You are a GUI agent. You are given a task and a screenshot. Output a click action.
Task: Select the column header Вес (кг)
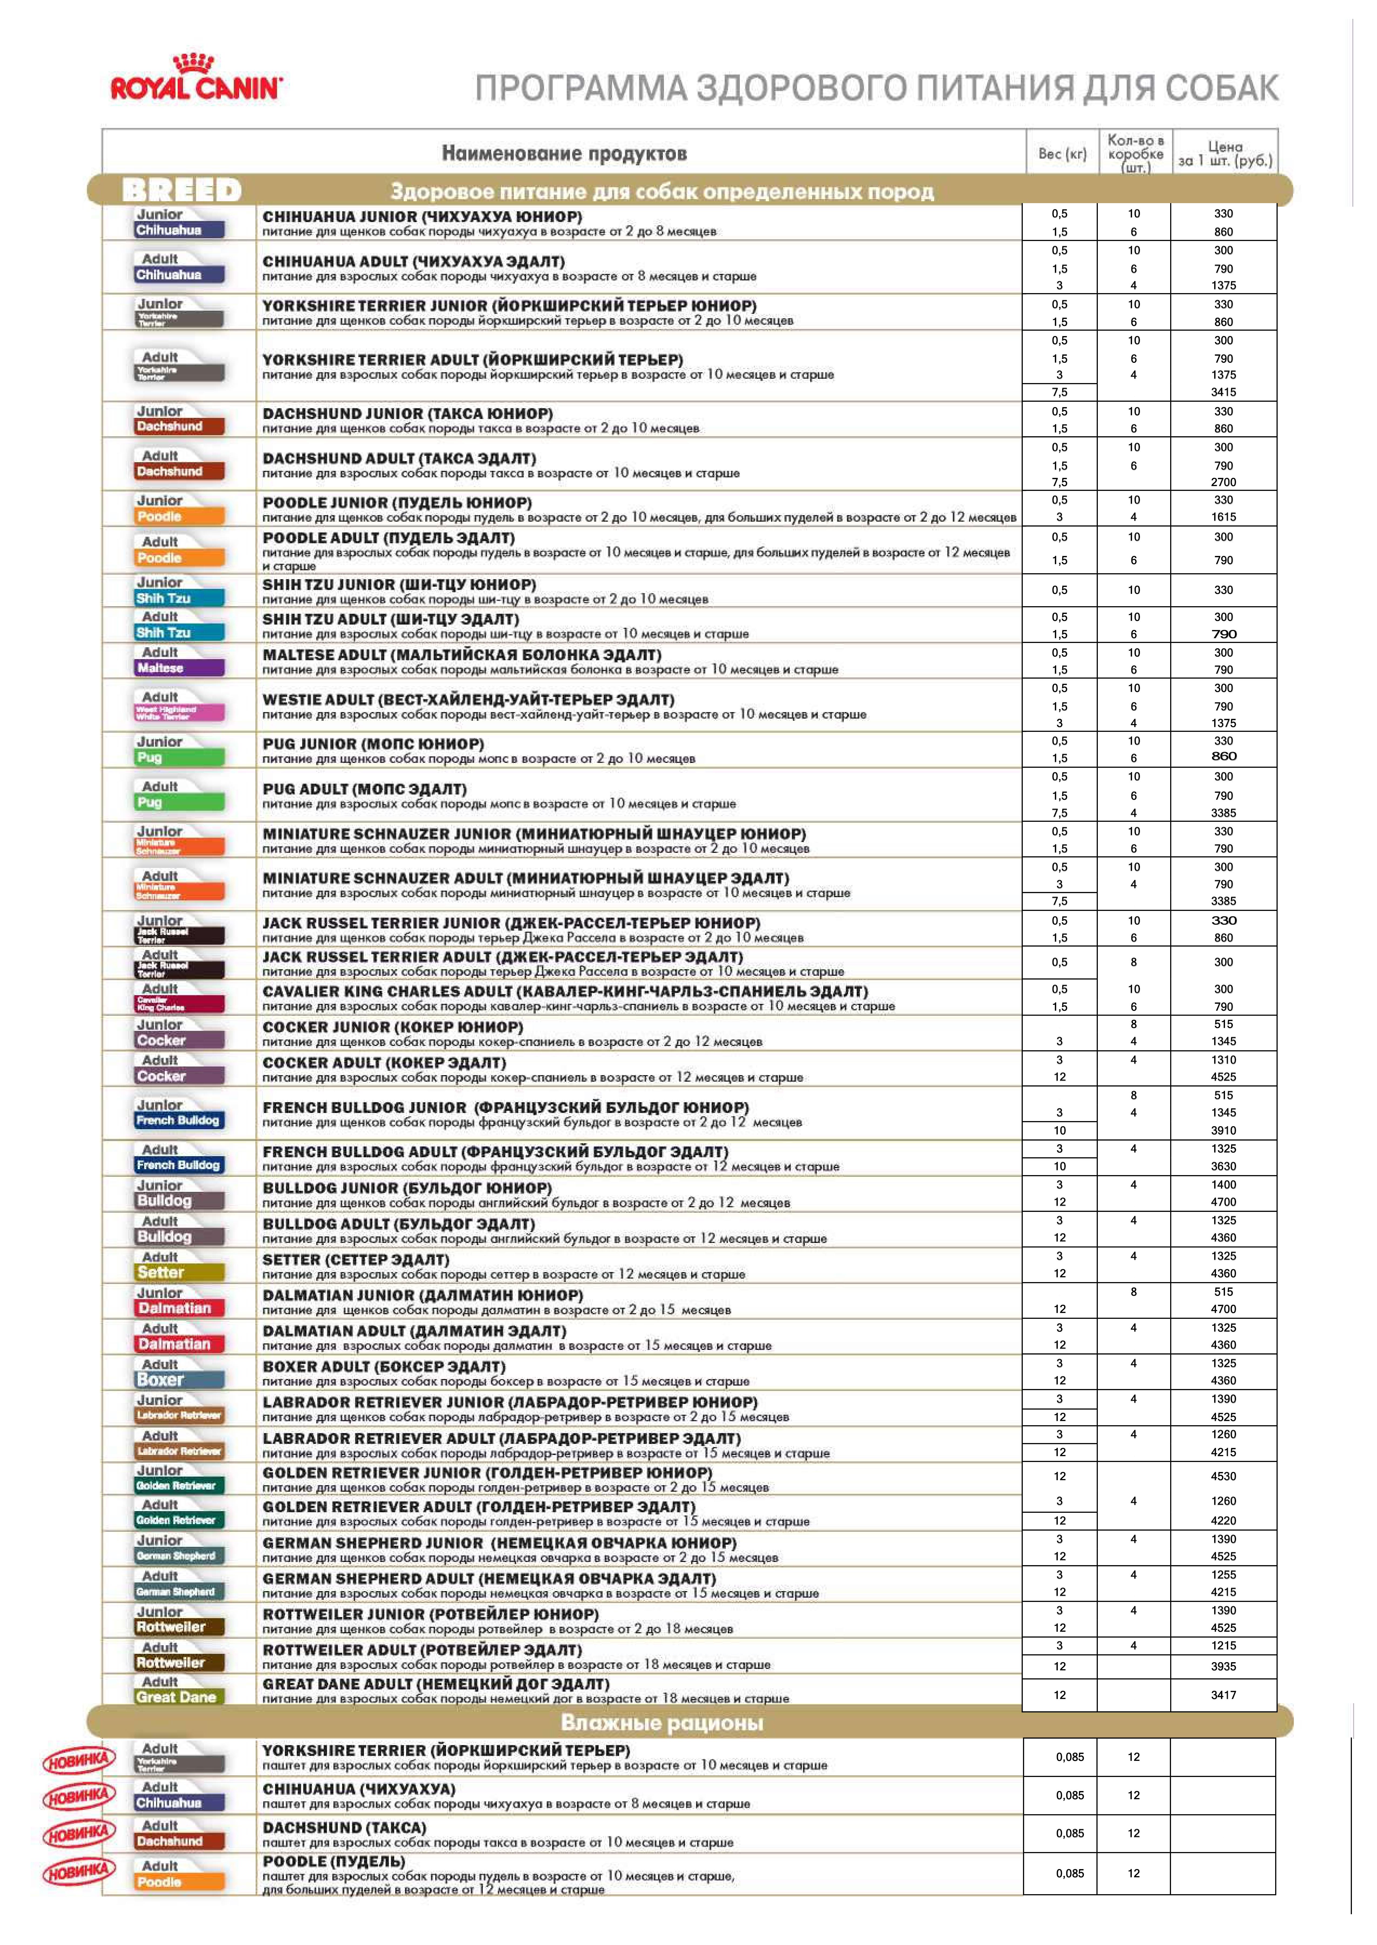[1062, 153]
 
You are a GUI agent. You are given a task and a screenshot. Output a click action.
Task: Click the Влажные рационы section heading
[662, 1723]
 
